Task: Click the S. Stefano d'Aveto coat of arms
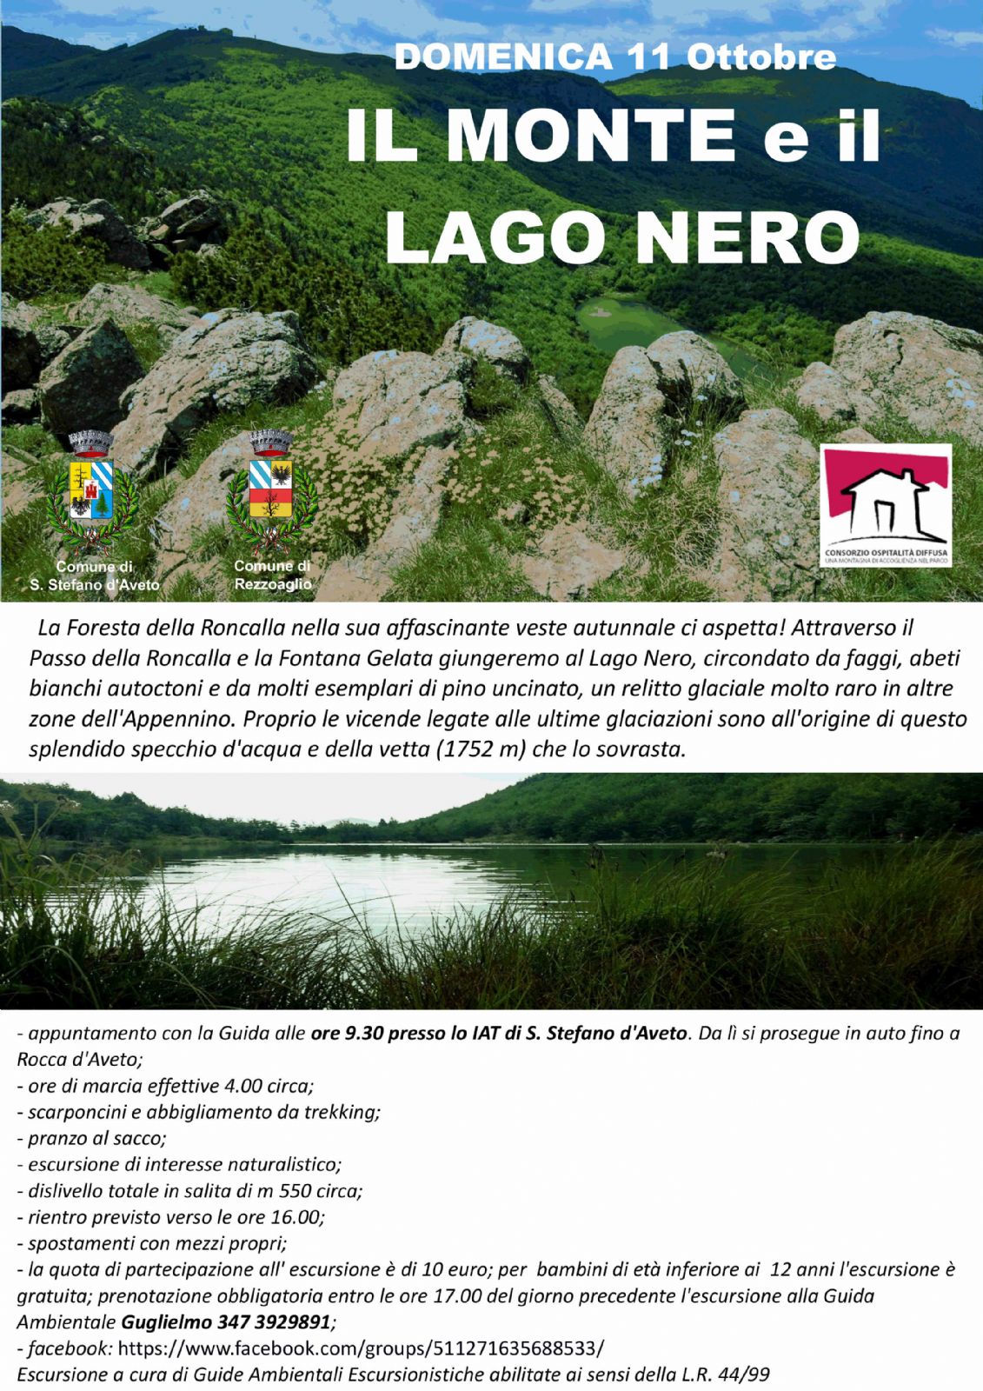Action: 90,491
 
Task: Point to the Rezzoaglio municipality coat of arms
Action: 271,491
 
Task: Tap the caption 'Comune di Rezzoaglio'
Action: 272,576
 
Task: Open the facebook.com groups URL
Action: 361,1348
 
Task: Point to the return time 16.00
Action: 298,1217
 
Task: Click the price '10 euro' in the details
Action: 458,1269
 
